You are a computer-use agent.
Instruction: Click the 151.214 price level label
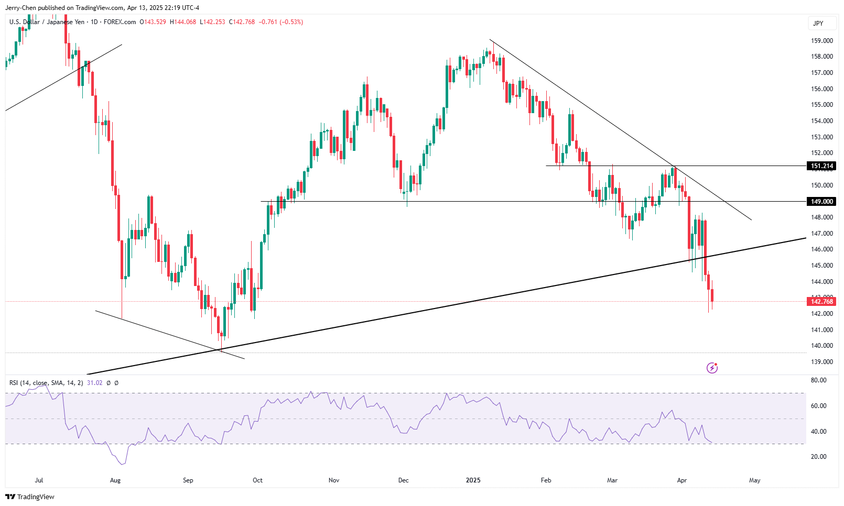pyautogui.click(x=821, y=166)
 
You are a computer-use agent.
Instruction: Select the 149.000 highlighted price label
pyautogui.click(x=821, y=202)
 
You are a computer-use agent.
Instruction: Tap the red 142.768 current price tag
pyautogui.click(x=821, y=301)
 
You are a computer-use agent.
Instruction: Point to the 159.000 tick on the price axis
pyautogui.click(x=822, y=41)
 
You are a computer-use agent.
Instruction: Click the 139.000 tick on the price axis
pyautogui.click(x=822, y=362)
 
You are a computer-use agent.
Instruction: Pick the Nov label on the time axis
pyautogui.click(x=334, y=480)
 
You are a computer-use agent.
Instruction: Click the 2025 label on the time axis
pyautogui.click(x=473, y=480)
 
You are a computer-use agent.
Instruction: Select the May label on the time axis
pyautogui.click(x=754, y=480)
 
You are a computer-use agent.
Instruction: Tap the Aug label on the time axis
pyautogui.click(x=115, y=480)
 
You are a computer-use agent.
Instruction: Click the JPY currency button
pyautogui.click(x=818, y=23)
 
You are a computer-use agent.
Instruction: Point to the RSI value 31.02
pyautogui.click(x=94, y=383)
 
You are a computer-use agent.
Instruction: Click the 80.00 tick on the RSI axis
pyautogui.click(x=818, y=380)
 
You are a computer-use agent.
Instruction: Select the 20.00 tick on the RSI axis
pyautogui.click(x=818, y=457)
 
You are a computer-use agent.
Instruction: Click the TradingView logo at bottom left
pyautogui.click(x=30, y=497)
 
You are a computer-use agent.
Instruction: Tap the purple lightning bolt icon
pyautogui.click(x=712, y=368)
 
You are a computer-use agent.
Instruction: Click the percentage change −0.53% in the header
pyautogui.click(x=291, y=22)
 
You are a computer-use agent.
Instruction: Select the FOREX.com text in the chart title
pyautogui.click(x=120, y=22)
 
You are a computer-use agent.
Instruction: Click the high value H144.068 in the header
pyautogui.click(x=183, y=22)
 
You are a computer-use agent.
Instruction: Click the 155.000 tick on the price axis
pyautogui.click(x=822, y=105)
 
